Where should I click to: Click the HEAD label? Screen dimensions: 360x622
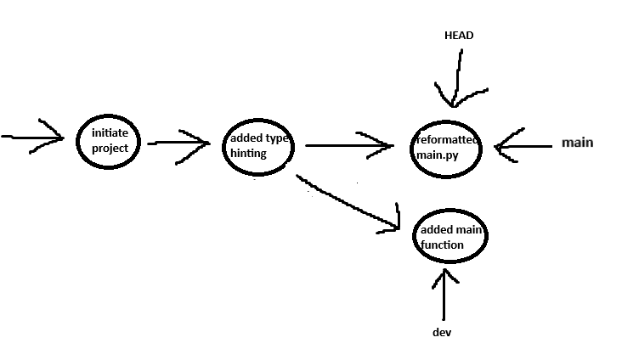coord(458,36)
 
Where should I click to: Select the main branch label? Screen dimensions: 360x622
coord(577,143)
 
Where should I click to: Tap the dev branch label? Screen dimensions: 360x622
coord(441,332)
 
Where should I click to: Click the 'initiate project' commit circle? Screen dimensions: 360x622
coord(109,141)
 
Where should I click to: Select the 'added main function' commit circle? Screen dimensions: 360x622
coord(450,239)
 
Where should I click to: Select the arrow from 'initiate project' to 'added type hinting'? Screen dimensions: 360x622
coord(178,143)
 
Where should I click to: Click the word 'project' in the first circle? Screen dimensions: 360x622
coord(110,149)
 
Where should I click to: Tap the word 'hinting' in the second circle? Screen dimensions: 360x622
coord(248,154)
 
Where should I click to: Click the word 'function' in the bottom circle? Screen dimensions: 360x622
coord(442,245)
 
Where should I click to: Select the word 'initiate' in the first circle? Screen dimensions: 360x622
coord(110,134)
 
